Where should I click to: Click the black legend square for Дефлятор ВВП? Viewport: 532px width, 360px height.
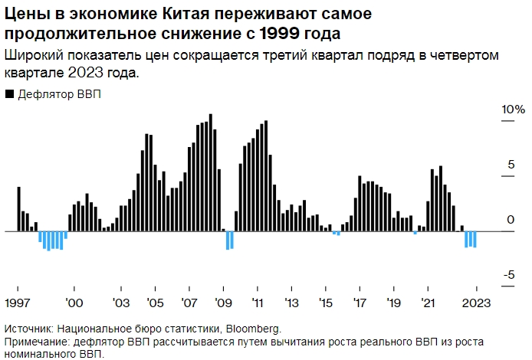(9, 94)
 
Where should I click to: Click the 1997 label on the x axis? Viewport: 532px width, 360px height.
(18, 301)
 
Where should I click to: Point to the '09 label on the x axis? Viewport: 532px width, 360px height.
(225, 301)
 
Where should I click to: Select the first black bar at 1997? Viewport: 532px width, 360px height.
(18, 208)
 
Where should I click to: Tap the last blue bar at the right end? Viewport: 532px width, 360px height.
(475, 239)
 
